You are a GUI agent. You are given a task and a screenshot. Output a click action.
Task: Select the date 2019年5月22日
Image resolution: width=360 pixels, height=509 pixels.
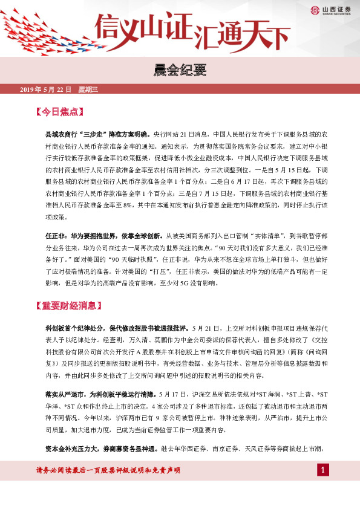pyautogui.click(x=46, y=89)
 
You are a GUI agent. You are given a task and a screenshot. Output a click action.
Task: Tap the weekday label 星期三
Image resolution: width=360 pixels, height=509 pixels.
pyautogui.click(x=88, y=89)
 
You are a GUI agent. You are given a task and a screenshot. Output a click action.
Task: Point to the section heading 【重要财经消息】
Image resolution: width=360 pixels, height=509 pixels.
pyautogui.click(x=72, y=306)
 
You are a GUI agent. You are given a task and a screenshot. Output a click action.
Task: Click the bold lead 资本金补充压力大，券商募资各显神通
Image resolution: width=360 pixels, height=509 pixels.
pyautogui.click(x=99, y=449)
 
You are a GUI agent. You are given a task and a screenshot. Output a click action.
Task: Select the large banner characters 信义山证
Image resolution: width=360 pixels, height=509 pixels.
pyautogui.click(x=143, y=27)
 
